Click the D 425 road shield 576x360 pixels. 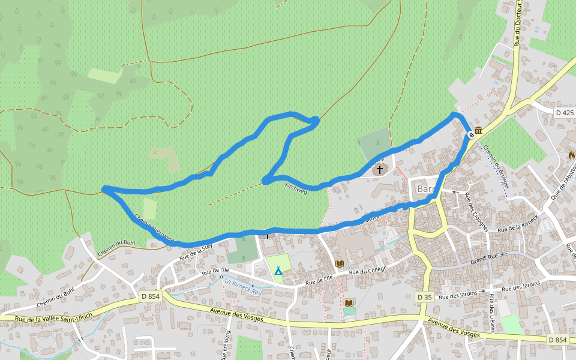tap(565, 112)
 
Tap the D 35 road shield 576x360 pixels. tap(424, 296)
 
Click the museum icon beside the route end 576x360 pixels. tap(479, 131)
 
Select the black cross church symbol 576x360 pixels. tap(379, 170)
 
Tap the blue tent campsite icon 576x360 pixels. tap(278, 271)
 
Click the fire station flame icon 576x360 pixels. tap(572, 155)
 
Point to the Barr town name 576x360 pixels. tap(425, 189)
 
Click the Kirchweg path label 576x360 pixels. tap(296, 188)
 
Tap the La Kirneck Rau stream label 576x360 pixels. tap(244, 286)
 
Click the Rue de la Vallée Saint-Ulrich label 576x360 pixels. tap(54, 316)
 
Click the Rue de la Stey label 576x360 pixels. tap(196, 251)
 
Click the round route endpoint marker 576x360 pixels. tap(472, 135)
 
